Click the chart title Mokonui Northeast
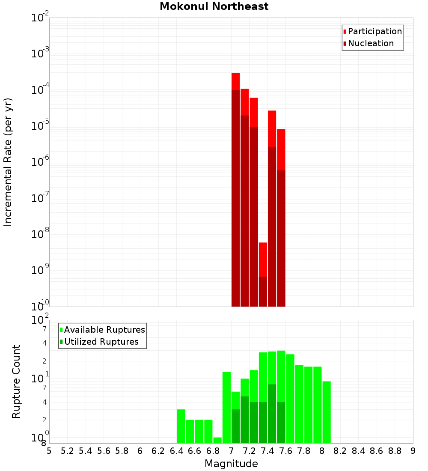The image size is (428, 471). click(x=214, y=7)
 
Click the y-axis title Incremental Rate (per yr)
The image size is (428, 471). click(x=8, y=162)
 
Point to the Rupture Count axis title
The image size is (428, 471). click(x=16, y=382)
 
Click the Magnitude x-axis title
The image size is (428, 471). click(x=231, y=464)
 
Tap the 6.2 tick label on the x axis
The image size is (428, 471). click(x=158, y=451)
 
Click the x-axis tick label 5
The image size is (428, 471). click(x=49, y=451)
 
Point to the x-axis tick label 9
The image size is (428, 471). click(x=413, y=451)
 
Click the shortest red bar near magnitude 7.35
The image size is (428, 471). click(x=263, y=274)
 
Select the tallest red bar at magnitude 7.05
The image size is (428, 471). click(x=235, y=188)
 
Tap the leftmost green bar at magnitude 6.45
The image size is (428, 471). click(x=181, y=426)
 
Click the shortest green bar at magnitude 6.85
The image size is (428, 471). click(x=217, y=440)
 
